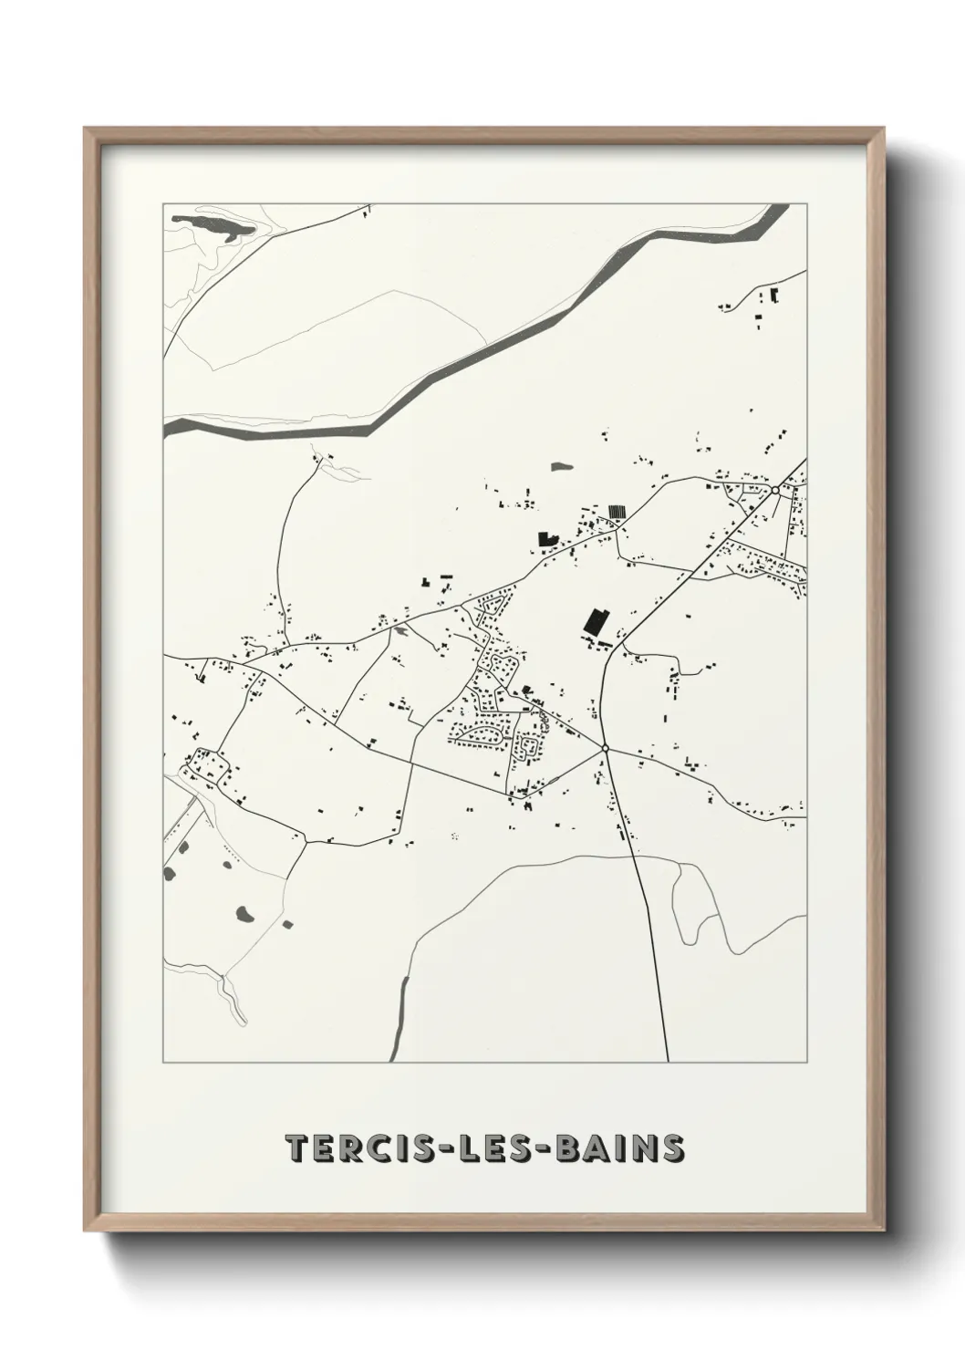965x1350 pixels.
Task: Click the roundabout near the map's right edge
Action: pyautogui.click(x=774, y=490)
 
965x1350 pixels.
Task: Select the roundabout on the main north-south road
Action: pyautogui.click(x=605, y=748)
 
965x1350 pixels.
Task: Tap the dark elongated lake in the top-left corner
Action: pyautogui.click(x=213, y=227)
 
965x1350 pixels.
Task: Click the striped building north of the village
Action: pyautogui.click(x=618, y=512)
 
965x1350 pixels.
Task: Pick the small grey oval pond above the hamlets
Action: pyautogui.click(x=560, y=466)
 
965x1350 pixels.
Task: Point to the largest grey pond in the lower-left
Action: pyautogui.click(x=244, y=912)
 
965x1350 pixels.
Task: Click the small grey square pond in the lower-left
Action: pyautogui.click(x=287, y=924)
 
